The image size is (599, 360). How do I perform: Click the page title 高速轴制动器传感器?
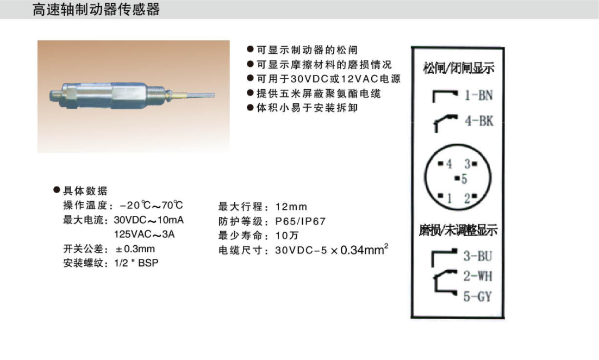pyautogui.click(x=96, y=10)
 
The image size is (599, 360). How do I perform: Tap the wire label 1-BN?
pyautogui.click(x=479, y=95)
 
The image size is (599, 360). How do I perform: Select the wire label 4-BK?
pyautogui.click(x=479, y=121)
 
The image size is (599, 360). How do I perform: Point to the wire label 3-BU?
pyautogui.click(x=478, y=256)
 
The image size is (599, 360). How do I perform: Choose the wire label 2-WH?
pyautogui.click(x=478, y=276)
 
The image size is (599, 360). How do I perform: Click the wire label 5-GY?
pyautogui.click(x=478, y=296)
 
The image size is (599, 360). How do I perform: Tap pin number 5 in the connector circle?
pyautogui.click(x=464, y=179)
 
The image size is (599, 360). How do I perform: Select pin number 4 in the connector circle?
pyautogui.click(x=449, y=164)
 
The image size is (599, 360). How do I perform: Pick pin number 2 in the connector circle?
pyautogui.click(x=467, y=198)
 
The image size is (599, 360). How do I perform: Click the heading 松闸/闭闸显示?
pyautogui.click(x=458, y=68)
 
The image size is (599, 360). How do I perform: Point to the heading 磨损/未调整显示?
pyautogui.click(x=458, y=230)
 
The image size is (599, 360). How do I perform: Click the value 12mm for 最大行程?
pyautogui.click(x=291, y=207)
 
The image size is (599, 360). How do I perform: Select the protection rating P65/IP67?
pyautogui.click(x=300, y=221)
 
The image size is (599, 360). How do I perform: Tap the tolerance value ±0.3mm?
pyautogui.click(x=135, y=249)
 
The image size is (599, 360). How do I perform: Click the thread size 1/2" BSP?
pyautogui.click(x=136, y=263)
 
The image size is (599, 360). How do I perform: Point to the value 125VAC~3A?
pyautogui.click(x=145, y=234)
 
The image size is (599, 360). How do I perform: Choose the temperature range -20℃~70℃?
pyautogui.click(x=151, y=205)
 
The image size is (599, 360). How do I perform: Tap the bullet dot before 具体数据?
pyautogui.click(x=57, y=190)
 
